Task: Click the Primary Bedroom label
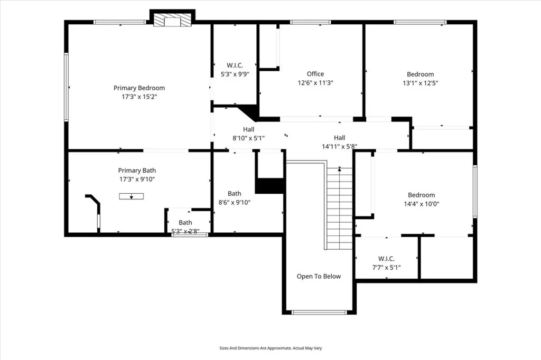click(139, 88)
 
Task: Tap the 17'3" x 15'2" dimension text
click(139, 97)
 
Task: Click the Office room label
click(315, 74)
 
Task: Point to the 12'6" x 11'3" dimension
click(315, 82)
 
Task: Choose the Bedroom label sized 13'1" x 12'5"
click(420, 74)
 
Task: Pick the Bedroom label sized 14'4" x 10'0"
click(421, 195)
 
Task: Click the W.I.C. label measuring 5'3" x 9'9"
click(235, 65)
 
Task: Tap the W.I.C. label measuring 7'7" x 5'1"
click(387, 259)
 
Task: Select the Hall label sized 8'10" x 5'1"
click(248, 129)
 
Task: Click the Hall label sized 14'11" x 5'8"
click(339, 138)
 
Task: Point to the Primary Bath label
click(137, 170)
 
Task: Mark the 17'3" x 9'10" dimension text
click(137, 179)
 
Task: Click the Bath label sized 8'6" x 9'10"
click(235, 193)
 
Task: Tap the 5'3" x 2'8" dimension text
click(185, 231)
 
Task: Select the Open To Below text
click(319, 276)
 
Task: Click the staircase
click(339, 209)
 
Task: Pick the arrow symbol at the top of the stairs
click(339, 169)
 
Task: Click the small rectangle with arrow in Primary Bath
click(131, 196)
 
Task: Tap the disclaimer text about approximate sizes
click(270, 348)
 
